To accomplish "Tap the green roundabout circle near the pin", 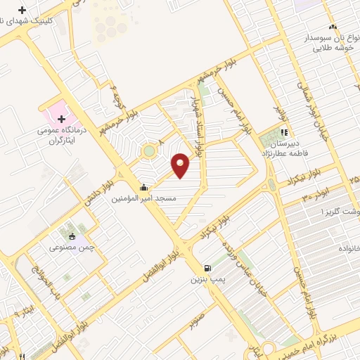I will [149, 151].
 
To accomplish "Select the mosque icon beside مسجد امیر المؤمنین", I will [144, 188].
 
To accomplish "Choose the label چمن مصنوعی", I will [72, 247].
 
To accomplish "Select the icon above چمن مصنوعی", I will [72, 236].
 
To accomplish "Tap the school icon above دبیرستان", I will [285, 131].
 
